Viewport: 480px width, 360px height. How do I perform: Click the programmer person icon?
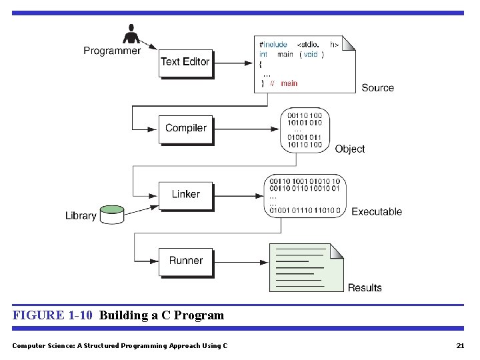point(131,33)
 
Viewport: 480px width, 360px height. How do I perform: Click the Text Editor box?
point(185,62)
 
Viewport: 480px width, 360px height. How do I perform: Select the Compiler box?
point(185,128)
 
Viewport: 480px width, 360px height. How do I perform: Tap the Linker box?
point(185,194)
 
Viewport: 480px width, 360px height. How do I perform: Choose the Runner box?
point(185,261)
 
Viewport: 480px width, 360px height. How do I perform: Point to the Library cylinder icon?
point(112,214)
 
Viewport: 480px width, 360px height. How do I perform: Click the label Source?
point(377,87)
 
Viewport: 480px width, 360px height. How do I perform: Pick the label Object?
point(350,149)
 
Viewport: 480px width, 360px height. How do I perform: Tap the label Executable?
point(377,212)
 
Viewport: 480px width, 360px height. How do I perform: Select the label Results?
point(365,288)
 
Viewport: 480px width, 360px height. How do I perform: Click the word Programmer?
point(112,51)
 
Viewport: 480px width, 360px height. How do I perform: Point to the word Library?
point(81,215)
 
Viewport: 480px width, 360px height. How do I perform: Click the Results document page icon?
point(306,267)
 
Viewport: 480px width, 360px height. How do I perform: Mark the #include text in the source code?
point(273,45)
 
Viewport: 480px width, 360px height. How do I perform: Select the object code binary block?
point(305,130)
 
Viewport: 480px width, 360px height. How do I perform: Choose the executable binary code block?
point(305,195)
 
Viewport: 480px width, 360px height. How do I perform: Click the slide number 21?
point(459,345)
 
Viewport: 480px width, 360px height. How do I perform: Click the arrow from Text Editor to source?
point(233,64)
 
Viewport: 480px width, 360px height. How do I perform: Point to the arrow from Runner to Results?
point(240,263)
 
